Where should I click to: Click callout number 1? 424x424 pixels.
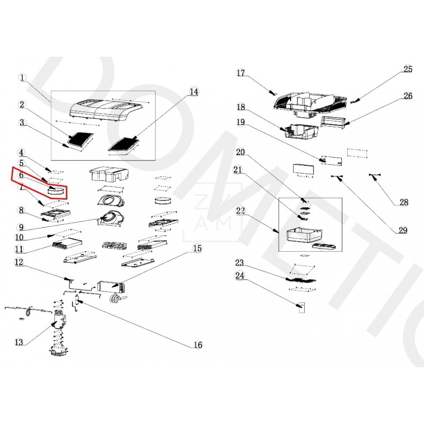tap(22, 77)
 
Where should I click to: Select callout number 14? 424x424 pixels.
tap(193, 92)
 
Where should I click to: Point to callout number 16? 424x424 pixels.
tap(198, 345)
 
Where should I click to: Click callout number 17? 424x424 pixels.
tap(241, 73)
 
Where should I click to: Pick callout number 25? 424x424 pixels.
tap(408, 69)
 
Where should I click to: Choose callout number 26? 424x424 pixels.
tap(408, 96)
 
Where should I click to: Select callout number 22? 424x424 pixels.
tap(241, 211)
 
